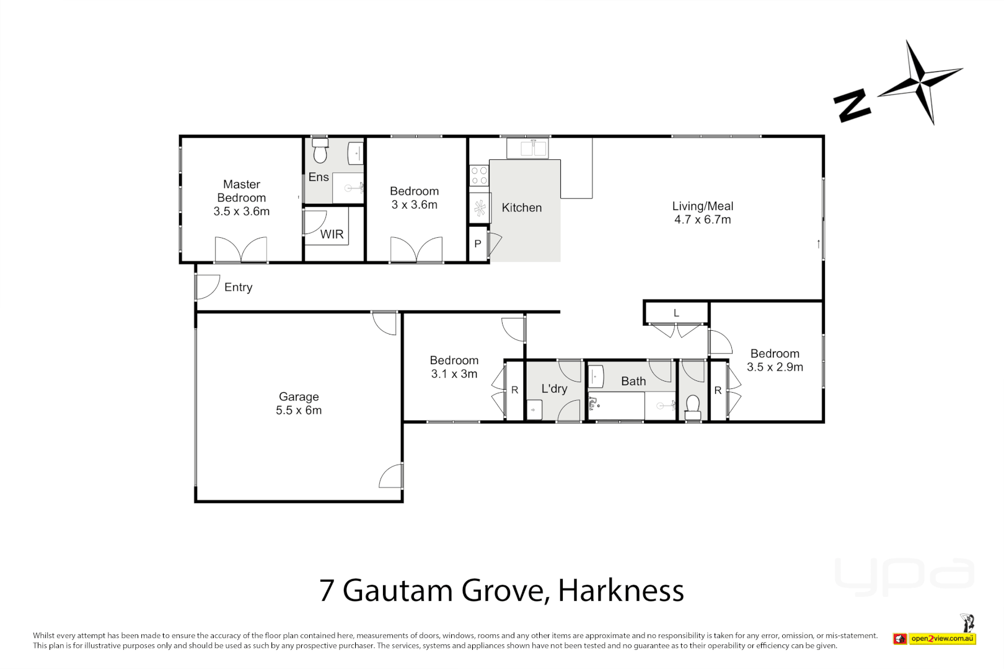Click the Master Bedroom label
point(241,198)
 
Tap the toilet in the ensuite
point(320,152)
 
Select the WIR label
point(332,234)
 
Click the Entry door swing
point(208,287)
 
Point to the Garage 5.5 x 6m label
point(299,403)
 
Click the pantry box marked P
point(477,244)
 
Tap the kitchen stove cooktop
point(479,175)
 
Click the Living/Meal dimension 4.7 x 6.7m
point(702,220)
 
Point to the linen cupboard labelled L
point(676,313)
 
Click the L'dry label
point(554,388)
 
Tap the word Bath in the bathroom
point(633,381)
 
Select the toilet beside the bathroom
point(693,406)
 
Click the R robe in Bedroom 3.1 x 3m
point(514,390)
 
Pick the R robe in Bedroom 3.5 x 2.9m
point(718,391)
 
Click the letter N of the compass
point(852,105)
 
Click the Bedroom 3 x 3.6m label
point(414,198)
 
